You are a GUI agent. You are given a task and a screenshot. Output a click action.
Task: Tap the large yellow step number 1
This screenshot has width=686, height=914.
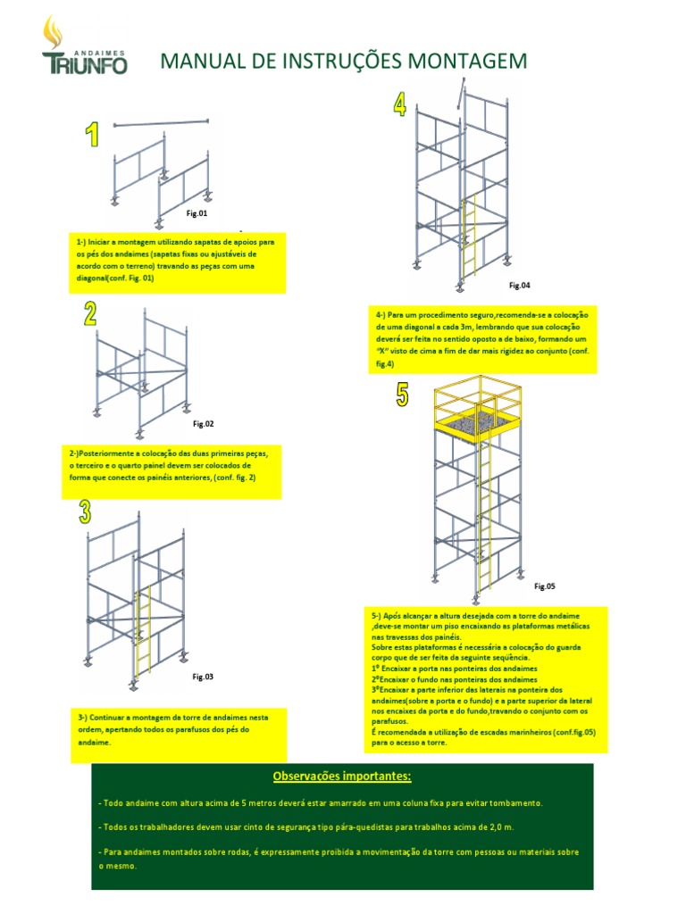point(91,136)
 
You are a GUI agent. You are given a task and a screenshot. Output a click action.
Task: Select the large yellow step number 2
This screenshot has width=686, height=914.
point(91,313)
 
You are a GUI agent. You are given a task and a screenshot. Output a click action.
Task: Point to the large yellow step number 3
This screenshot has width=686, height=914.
point(85,511)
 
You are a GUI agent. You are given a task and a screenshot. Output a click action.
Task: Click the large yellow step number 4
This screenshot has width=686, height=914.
point(399,104)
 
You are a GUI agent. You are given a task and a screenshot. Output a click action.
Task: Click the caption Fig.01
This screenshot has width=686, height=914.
point(197,214)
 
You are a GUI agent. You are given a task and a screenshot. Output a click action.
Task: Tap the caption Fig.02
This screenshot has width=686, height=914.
point(204,424)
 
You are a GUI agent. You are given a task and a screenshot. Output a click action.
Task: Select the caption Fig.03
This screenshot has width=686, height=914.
point(203,677)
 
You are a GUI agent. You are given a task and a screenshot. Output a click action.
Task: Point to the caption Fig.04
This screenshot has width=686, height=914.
point(520,285)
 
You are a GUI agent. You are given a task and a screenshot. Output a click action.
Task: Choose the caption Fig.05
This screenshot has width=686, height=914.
point(545,586)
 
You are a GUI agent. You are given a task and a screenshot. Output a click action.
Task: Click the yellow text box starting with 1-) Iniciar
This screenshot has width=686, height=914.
point(177,261)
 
